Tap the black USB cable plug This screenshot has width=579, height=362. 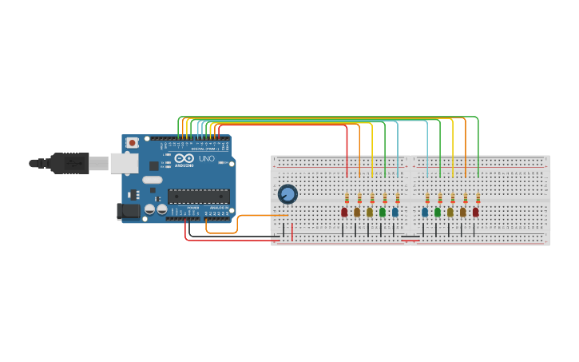[x=69, y=163]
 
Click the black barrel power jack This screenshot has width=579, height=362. [x=128, y=211]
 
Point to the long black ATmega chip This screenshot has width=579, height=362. [x=198, y=196]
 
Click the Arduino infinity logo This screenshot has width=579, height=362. [x=184, y=159]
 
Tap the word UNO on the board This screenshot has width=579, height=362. [x=206, y=159]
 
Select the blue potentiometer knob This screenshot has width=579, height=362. [x=288, y=194]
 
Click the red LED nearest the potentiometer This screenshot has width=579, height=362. [x=344, y=213]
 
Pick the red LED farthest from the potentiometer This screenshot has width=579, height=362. [x=476, y=213]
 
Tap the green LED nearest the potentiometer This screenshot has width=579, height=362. [x=383, y=213]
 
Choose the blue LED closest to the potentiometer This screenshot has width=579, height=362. [x=395, y=213]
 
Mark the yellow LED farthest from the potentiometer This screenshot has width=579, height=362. [x=463, y=213]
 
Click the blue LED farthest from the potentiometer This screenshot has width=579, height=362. [x=425, y=213]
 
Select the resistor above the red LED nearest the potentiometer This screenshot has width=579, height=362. [x=347, y=198]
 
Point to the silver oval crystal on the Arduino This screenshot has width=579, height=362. [x=153, y=181]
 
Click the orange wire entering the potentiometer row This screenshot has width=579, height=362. [x=264, y=215]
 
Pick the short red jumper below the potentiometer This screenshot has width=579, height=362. [x=292, y=232]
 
